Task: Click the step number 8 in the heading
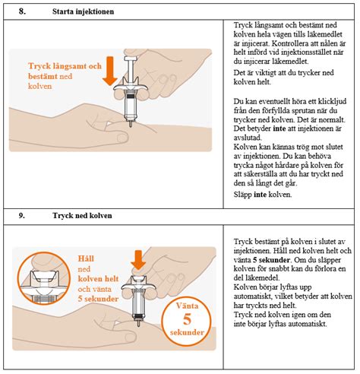click(x=22, y=11)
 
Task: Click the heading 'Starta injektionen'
click(x=83, y=11)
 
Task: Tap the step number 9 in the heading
click(x=21, y=215)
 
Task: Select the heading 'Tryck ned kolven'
click(x=82, y=216)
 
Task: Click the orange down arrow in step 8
click(x=110, y=71)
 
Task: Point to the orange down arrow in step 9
click(x=138, y=260)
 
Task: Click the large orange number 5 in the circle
click(x=187, y=319)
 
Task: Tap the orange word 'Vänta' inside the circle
click(x=187, y=306)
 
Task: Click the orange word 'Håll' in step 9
click(x=86, y=258)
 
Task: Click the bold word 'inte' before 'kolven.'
click(x=260, y=195)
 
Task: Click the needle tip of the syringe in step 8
click(x=131, y=126)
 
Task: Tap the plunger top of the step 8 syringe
click(x=131, y=59)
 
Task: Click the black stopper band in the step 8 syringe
click(x=131, y=97)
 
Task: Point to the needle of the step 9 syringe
click(x=138, y=323)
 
